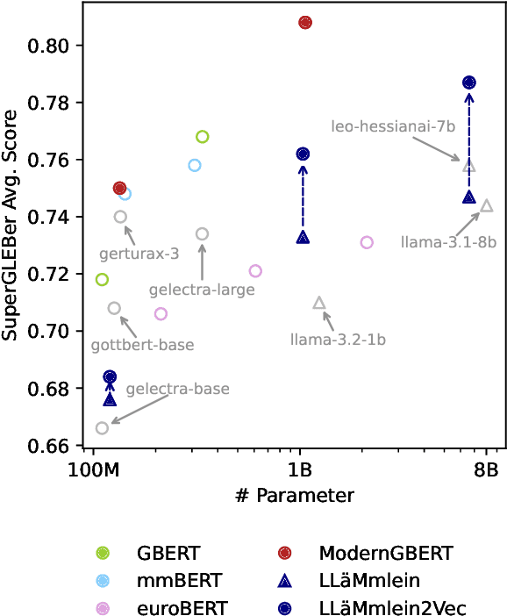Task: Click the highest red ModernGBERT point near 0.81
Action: pos(305,22)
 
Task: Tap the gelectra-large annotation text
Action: pos(202,289)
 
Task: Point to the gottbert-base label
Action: pos(142,345)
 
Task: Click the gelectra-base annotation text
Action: pos(178,388)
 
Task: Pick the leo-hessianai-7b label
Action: pos(393,126)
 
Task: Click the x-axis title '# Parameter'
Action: pos(295,495)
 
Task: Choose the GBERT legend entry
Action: pos(168,553)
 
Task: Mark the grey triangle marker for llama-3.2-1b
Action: pos(319,303)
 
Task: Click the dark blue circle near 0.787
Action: pos(469,82)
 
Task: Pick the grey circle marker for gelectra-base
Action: pos(102,427)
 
